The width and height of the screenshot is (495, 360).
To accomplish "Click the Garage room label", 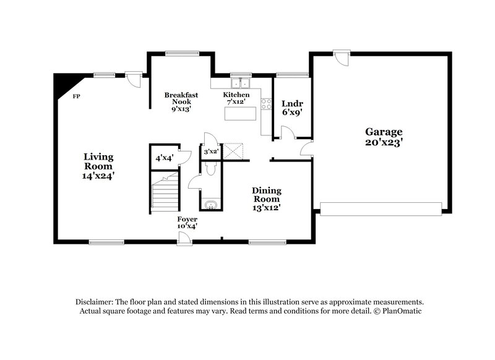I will tap(384, 132).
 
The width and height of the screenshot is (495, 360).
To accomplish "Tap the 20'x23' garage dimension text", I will tap(384, 142).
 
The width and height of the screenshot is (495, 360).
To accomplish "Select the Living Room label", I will tap(98, 161).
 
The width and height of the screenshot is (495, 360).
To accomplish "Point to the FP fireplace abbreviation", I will tap(77, 97).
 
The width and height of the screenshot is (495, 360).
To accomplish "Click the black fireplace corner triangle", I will tap(62, 82).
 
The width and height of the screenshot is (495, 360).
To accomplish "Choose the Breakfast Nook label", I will tap(181, 98).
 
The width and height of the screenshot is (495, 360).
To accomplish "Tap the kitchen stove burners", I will tap(267, 104).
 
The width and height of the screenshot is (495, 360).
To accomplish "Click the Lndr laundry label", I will tap(291, 103).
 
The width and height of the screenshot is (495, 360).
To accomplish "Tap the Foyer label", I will tap(187, 220).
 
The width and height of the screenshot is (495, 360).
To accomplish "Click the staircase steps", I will tap(165, 195).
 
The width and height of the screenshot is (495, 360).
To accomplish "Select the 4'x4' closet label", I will tap(164, 158).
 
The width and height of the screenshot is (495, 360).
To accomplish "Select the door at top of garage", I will tap(338, 57).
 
